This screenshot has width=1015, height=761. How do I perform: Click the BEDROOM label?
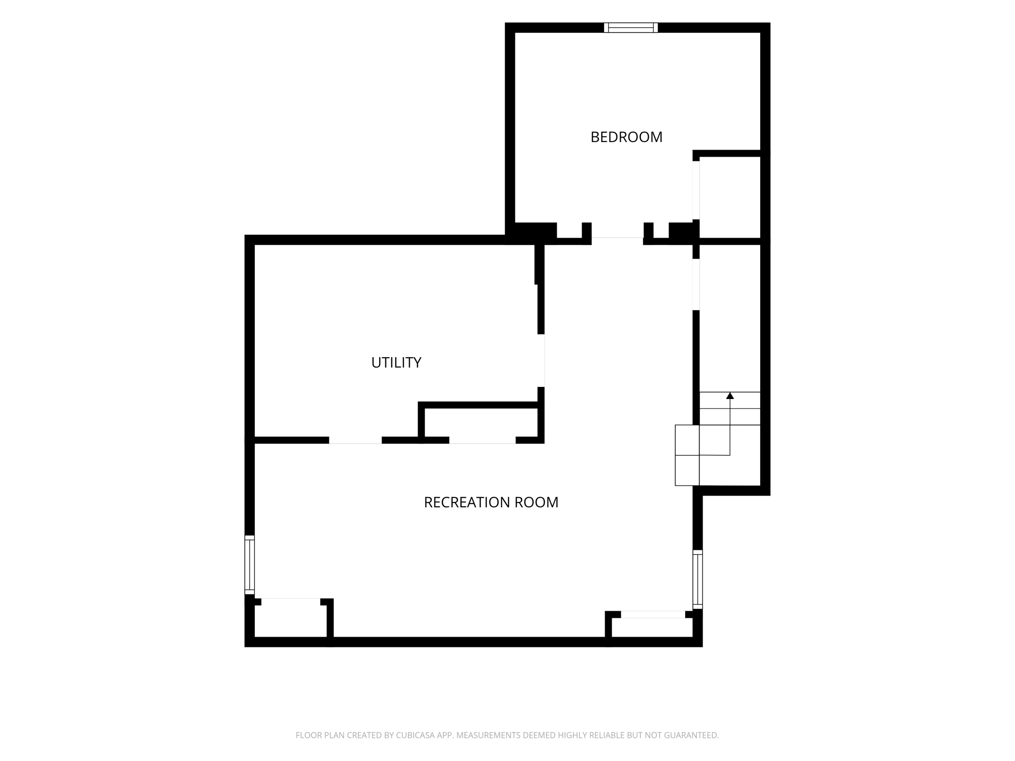(x=627, y=137)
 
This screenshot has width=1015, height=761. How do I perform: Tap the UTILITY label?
(x=396, y=362)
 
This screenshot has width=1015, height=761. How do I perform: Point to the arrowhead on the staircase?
(x=730, y=396)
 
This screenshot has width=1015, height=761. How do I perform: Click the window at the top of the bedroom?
(x=631, y=28)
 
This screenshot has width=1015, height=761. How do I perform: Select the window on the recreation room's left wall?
(x=249, y=565)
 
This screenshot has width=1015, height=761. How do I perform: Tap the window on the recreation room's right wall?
(x=698, y=579)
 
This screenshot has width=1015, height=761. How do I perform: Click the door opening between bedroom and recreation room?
(x=617, y=239)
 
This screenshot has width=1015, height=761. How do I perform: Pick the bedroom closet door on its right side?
(x=696, y=190)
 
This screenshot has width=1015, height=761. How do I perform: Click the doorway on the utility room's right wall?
(x=541, y=360)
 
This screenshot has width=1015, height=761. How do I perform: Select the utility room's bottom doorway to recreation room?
(x=355, y=441)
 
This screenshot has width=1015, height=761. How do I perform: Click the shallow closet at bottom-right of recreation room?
(x=652, y=627)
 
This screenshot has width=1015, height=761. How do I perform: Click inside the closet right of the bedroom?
(x=730, y=197)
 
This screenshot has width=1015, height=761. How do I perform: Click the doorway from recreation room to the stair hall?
(x=696, y=284)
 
